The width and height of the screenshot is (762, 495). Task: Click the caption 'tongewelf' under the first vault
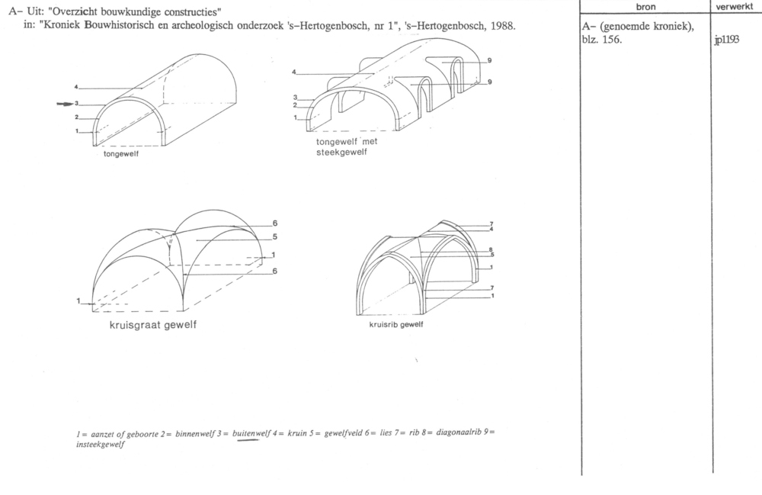pos(121,154)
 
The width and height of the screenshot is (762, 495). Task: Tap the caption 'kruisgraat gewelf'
pos(153,325)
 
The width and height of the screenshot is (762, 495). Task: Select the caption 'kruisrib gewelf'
pos(396,325)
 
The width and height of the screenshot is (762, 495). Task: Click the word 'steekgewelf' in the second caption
pos(341,153)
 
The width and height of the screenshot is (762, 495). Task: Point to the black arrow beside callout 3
pos(65,104)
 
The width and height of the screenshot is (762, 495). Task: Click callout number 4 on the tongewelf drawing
pos(76,87)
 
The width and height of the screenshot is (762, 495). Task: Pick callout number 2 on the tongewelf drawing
pos(77,117)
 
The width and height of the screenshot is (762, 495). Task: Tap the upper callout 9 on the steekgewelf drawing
pos(489,60)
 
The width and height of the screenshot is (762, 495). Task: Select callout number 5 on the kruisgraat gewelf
pos(275,236)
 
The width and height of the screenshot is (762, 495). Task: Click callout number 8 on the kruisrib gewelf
pos(491,250)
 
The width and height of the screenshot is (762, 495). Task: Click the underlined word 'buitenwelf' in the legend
pos(251,433)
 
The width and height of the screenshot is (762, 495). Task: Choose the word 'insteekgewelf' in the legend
pos(100,444)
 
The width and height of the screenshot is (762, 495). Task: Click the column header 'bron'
pos(645,7)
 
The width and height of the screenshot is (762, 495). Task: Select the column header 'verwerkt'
pos(735,7)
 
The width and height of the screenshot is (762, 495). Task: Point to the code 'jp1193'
pos(726,40)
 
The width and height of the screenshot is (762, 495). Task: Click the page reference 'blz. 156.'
pos(602,40)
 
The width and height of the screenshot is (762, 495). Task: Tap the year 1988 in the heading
pos(503,25)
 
